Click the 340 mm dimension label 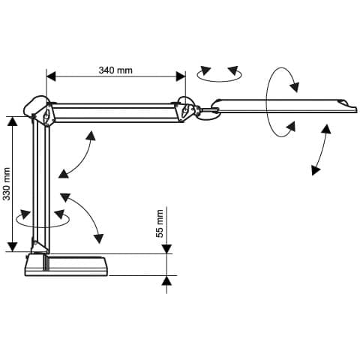(x=115, y=70)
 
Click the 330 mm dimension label (x=7, y=184)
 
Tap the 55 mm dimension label (x=159, y=223)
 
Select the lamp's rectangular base (x=67, y=265)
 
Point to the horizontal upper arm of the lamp (x=115, y=112)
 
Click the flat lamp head (x=285, y=106)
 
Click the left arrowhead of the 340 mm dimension (x=51, y=76)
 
